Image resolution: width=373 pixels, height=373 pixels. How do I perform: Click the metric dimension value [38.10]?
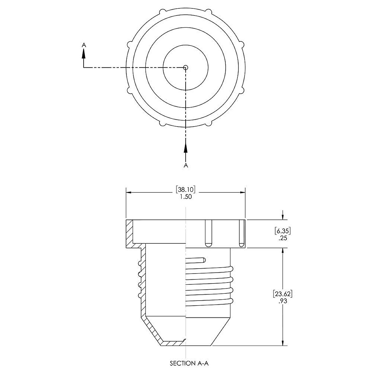click(186, 189)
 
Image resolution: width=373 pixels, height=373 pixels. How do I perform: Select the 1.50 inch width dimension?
click(186, 197)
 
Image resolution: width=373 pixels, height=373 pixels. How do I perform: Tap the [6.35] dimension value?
click(283, 231)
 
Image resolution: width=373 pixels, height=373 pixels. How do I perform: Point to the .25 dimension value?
click(283, 238)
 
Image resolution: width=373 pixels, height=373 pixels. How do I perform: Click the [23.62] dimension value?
click(283, 293)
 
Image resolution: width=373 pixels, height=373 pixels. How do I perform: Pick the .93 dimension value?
click(283, 301)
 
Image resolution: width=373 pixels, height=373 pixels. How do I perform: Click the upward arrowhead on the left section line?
click(84, 53)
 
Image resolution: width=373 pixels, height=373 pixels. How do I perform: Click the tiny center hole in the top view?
click(186, 67)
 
